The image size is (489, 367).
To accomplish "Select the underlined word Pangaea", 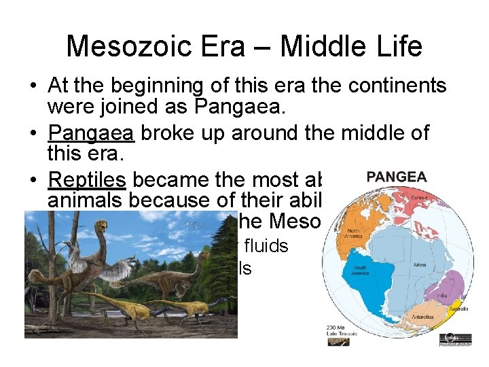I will [x=91, y=133].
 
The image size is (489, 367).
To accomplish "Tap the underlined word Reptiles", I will [x=87, y=179].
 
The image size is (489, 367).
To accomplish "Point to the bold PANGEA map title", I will [x=396, y=177].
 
